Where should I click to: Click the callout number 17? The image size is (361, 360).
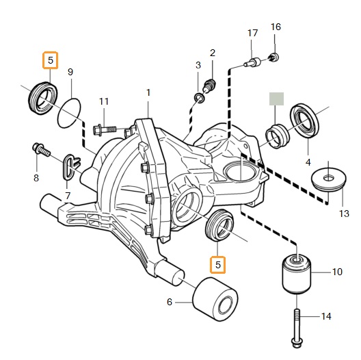click(252, 33)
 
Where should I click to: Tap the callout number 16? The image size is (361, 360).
click(276, 27)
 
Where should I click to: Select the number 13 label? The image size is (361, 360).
click(344, 214)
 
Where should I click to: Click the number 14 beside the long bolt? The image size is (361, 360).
click(326, 316)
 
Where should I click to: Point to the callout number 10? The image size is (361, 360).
click(337, 272)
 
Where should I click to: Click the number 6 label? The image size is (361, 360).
click(170, 302)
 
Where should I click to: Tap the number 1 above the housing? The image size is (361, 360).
click(148, 92)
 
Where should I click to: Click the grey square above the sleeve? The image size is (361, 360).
click(276, 99)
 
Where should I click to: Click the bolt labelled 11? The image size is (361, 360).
click(104, 131)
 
